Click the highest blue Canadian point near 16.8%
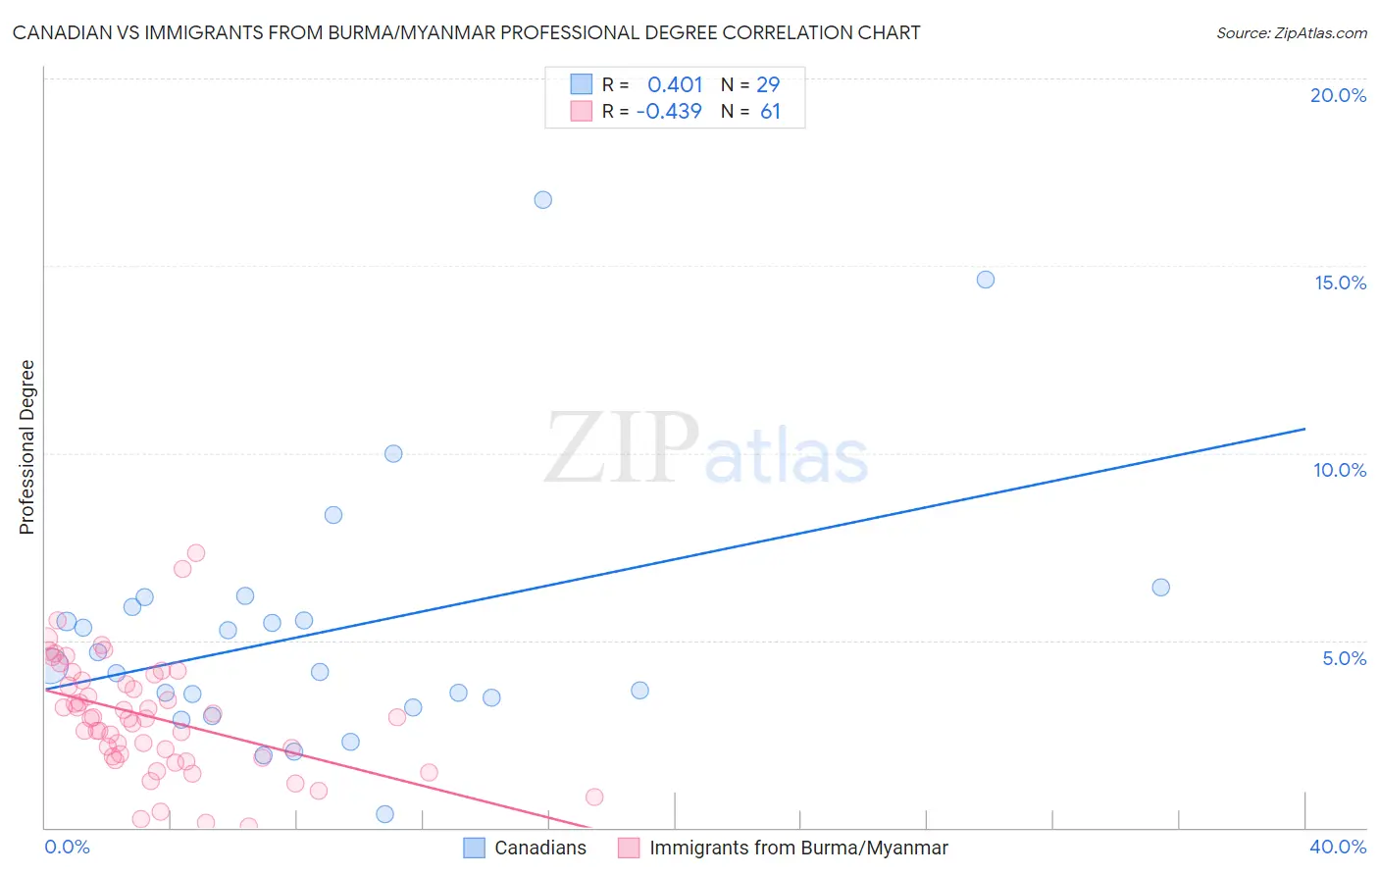[x=542, y=200]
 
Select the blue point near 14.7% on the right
[x=986, y=280]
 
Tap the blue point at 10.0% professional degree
[x=393, y=453]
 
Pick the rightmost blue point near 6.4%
[x=1160, y=588]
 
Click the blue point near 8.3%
[x=333, y=515]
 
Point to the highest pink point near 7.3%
[x=196, y=553]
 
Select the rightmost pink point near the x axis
[x=594, y=797]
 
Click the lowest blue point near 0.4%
[x=385, y=814]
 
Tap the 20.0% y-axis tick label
[x=1338, y=95]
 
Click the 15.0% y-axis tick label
[x=1340, y=283]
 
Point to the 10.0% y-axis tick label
[x=1340, y=470]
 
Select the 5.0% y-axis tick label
[x=1344, y=658]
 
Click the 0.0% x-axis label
[x=67, y=847]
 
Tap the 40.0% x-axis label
[x=1337, y=847]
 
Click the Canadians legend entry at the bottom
[x=539, y=848]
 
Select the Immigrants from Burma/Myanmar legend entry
[x=797, y=848]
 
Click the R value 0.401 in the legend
[x=675, y=85]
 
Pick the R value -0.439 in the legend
[x=669, y=111]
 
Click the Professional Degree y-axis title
[x=26, y=447]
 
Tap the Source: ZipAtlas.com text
[x=1291, y=33]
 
